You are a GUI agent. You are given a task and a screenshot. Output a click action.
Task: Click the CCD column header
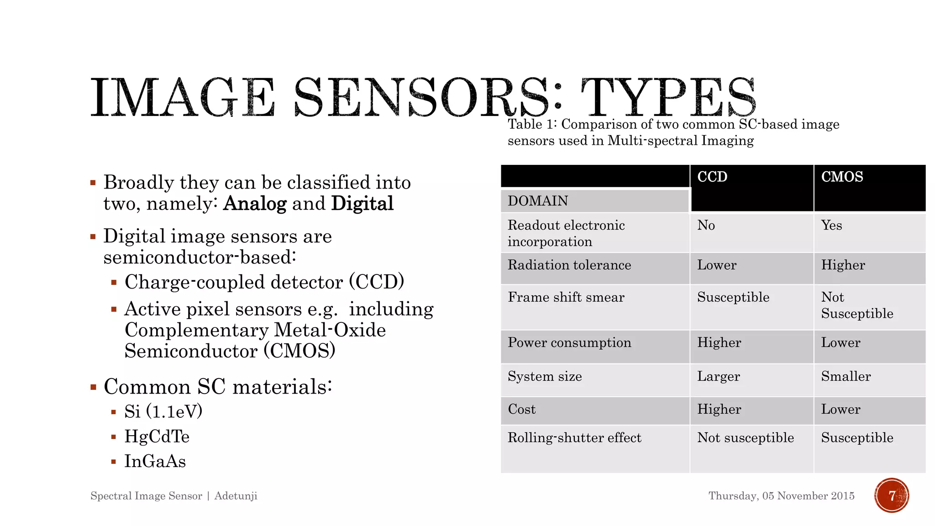click(712, 177)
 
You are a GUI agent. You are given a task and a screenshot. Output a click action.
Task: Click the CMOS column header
click(842, 177)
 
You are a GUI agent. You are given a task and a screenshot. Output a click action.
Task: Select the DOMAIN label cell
click(538, 201)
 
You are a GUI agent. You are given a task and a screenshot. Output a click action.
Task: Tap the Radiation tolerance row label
click(569, 265)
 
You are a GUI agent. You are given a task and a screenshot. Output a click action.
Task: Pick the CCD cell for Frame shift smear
click(733, 298)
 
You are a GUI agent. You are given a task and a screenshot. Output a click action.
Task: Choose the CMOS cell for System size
click(846, 377)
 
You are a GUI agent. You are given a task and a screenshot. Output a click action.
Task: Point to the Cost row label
click(522, 410)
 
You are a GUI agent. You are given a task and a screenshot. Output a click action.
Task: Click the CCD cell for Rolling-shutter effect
click(746, 438)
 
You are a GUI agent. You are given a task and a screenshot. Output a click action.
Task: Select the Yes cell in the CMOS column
click(831, 226)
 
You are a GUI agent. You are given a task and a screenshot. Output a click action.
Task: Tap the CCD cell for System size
click(719, 377)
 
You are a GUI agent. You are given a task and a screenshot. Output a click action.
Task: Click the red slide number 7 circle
click(892, 495)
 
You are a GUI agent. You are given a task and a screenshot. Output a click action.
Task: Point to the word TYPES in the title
click(668, 98)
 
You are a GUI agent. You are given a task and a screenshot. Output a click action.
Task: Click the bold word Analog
click(255, 204)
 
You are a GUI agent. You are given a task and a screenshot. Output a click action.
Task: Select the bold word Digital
click(362, 204)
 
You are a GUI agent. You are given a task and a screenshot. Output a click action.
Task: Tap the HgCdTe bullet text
click(157, 437)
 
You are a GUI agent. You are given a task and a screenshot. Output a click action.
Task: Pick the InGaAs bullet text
click(155, 462)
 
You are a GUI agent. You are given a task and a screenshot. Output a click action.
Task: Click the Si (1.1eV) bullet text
click(163, 412)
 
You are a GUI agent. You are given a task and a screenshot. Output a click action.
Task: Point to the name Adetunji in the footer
click(236, 496)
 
